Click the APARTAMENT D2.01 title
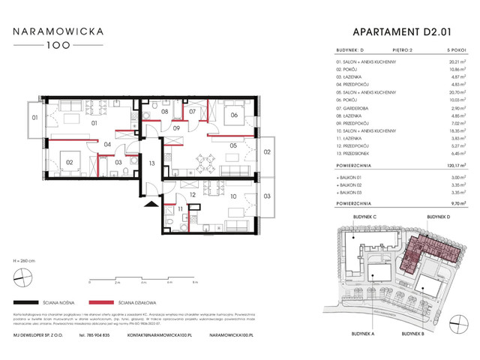point(402,31)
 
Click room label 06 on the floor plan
point(234,115)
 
